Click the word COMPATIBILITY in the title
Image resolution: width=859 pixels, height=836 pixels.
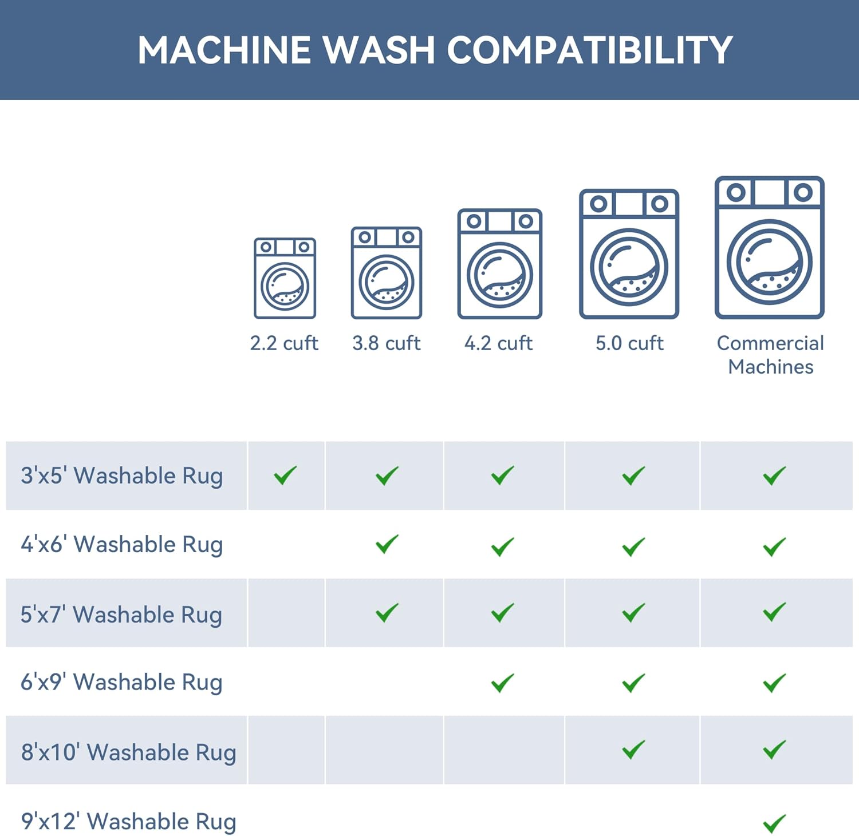click(590, 50)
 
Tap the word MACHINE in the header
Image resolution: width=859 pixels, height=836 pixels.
click(224, 50)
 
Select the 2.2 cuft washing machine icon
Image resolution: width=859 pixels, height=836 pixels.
click(285, 278)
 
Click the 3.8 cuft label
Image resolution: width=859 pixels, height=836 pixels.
click(387, 343)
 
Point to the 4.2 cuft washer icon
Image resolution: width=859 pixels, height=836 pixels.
click(499, 264)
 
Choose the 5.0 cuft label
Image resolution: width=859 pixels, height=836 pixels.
click(629, 343)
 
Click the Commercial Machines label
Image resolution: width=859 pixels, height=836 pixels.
click(770, 355)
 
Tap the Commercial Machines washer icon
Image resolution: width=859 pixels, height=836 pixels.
click(769, 247)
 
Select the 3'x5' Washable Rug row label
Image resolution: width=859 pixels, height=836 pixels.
click(122, 476)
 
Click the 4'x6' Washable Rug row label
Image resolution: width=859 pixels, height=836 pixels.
click(122, 545)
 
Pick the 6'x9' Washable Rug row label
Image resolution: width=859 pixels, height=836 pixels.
click(121, 683)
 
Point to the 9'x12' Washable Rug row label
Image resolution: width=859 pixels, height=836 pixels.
click(129, 822)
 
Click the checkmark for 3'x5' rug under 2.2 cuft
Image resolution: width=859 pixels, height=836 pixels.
click(285, 475)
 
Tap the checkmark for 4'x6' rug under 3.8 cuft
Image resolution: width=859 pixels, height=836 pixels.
click(387, 544)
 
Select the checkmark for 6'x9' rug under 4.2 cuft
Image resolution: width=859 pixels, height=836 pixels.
click(503, 682)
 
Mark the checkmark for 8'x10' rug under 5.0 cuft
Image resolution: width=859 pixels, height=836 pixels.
click(634, 750)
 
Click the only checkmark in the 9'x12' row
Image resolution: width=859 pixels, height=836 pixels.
click(774, 823)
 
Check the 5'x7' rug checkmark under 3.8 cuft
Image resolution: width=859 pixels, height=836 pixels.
click(387, 612)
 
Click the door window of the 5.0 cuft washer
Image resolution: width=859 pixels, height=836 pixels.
click(629, 267)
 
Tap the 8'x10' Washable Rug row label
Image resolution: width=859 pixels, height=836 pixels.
click(129, 752)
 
